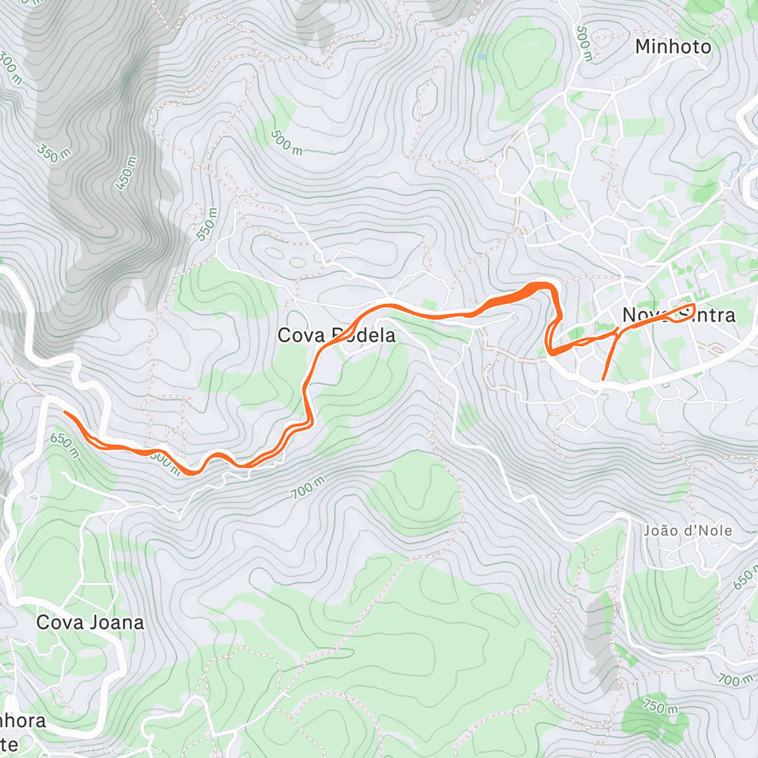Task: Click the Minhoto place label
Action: click(x=673, y=47)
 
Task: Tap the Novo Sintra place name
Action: click(x=679, y=315)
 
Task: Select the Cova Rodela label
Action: click(x=337, y=335)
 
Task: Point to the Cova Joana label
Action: click(x=90, y=623)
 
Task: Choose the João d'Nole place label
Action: click(x=688, y=531)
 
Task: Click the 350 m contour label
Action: click(x=53, y=153)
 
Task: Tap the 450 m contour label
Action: click(x=126, y=172)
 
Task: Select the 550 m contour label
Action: click(x=207, y=224)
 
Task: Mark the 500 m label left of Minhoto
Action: click(x=584, y=44)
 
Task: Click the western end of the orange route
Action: click(x=64, y=412)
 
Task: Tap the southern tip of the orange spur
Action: click(x=603, y=379)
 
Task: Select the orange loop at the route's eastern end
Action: click(x=685, y=313)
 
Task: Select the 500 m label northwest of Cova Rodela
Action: click(x=286, y=142)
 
